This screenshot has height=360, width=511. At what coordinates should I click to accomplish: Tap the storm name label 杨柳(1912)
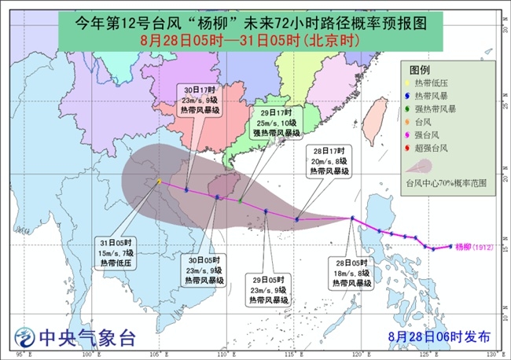[473, 245]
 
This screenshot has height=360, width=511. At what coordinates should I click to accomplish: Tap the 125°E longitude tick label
[428, 354]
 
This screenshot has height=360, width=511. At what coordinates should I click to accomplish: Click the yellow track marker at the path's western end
[159, 182]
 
